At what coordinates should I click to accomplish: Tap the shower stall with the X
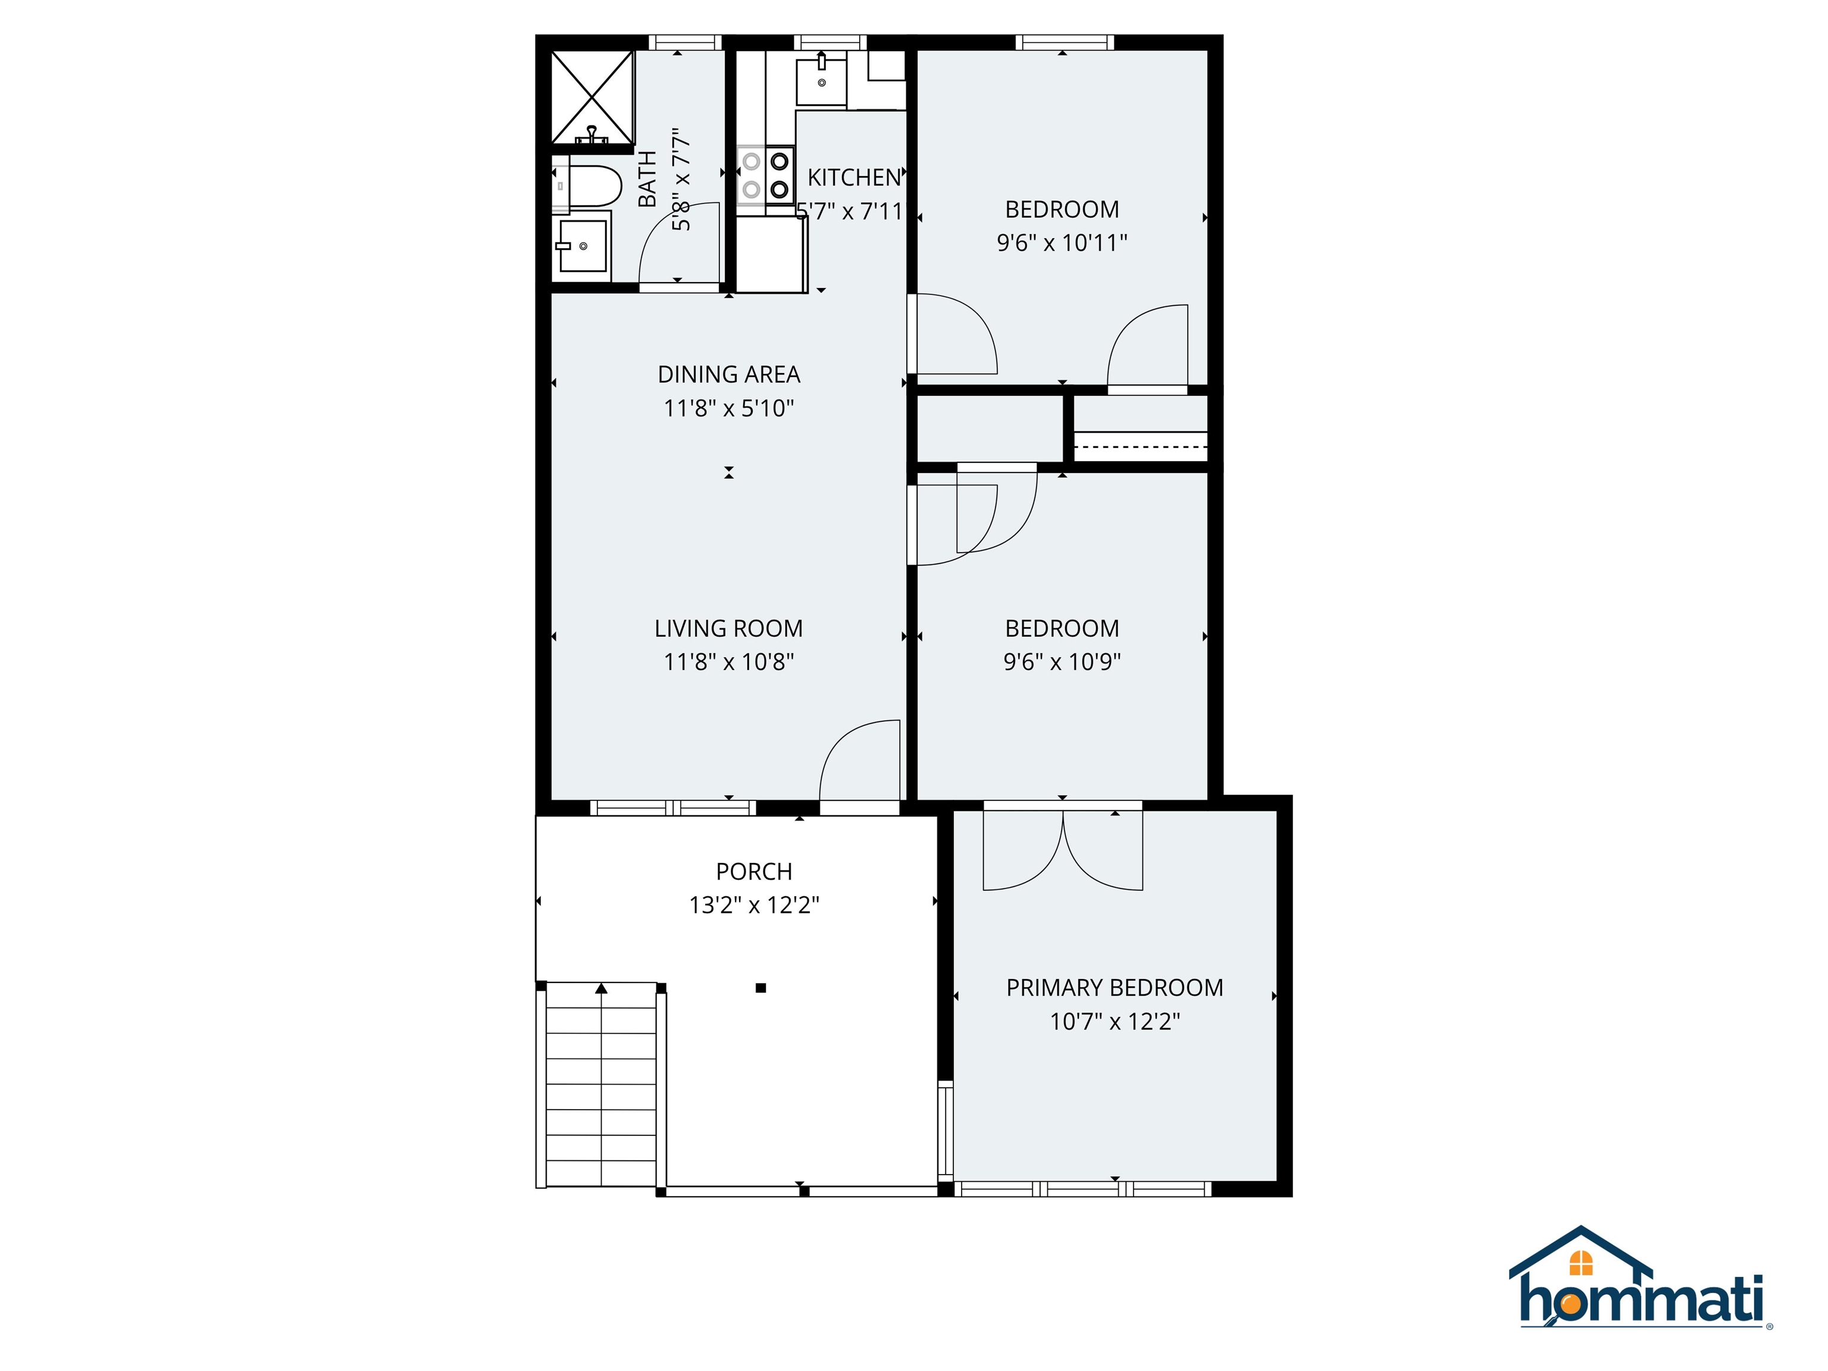(591, 96)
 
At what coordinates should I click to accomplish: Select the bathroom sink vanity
(583, 245)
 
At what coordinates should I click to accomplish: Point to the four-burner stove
(765, 175)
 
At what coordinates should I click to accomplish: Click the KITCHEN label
(854, 178)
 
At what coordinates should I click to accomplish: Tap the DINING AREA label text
(728, 374)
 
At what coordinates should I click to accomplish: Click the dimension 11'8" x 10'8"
(728, 662)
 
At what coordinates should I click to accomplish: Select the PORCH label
(754, 871)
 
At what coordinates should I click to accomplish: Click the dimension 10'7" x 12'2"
(1114, 1022)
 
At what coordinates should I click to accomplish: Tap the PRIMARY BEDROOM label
(1114, 988)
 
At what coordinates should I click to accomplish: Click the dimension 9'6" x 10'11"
(1062, 243)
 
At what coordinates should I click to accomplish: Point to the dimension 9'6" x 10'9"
(1062, 662)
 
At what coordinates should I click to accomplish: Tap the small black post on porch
(760, 988)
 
